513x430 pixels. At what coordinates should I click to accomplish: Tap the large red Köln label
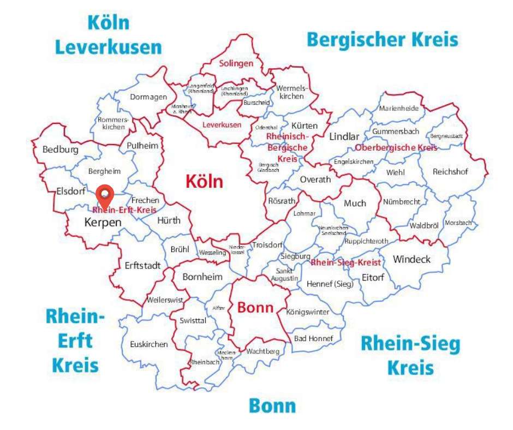[204, 181]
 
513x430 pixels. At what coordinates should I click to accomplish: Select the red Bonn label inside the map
[255, 307]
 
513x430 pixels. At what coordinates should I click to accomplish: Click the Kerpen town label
[102, 223]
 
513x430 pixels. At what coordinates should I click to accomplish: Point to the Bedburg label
[60, 149]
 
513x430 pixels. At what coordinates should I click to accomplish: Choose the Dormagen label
[148, 97]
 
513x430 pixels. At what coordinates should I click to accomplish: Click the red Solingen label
[236, 63]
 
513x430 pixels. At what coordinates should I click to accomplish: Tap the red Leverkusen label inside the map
[222, 125]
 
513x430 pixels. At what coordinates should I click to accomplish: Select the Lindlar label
[344, 136]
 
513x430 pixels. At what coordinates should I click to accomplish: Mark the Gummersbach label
[396, 132]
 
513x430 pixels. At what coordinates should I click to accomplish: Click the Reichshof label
[450, 171]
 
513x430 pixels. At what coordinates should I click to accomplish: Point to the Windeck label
[411, 259]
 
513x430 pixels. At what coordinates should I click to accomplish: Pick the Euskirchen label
[149, 344]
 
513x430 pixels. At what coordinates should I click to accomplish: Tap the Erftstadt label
[142, 266]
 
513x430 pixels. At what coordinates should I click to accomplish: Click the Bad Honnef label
[313, 338]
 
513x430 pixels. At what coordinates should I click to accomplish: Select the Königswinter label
[308, 312]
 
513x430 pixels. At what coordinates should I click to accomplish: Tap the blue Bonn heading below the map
[272, 405]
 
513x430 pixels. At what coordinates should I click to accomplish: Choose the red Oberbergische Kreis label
[396, 148]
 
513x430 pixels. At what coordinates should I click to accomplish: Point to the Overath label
[315, 180]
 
